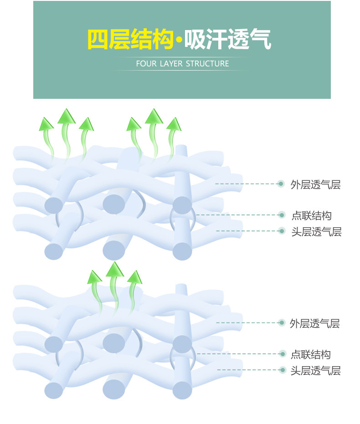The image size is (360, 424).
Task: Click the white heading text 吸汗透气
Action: (227, 40)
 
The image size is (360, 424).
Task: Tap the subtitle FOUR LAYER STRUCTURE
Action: (182, 64)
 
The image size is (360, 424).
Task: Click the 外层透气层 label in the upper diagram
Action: (315, 184)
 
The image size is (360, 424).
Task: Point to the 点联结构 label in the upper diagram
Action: (311, 215)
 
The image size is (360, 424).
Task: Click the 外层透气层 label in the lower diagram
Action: (315, 324)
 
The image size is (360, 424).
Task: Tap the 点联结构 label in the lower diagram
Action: (311, 354)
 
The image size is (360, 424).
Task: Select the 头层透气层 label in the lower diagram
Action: (316, 371)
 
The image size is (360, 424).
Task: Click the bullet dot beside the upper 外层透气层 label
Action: (281, 184)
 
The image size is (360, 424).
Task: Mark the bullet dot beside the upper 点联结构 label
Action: (283, 215)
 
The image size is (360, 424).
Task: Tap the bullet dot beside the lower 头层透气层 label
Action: (283, 370)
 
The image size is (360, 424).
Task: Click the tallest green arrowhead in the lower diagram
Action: (115, 270)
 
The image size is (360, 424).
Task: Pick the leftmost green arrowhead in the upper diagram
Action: (46, 123)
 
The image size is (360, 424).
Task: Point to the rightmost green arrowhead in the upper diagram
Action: (173, 123)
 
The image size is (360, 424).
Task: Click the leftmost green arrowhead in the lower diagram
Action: (95, 276)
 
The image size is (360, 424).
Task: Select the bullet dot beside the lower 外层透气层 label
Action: (282, 323)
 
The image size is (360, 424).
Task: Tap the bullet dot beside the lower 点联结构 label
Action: (283, 354)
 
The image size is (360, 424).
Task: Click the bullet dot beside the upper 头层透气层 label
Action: (283, 231)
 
